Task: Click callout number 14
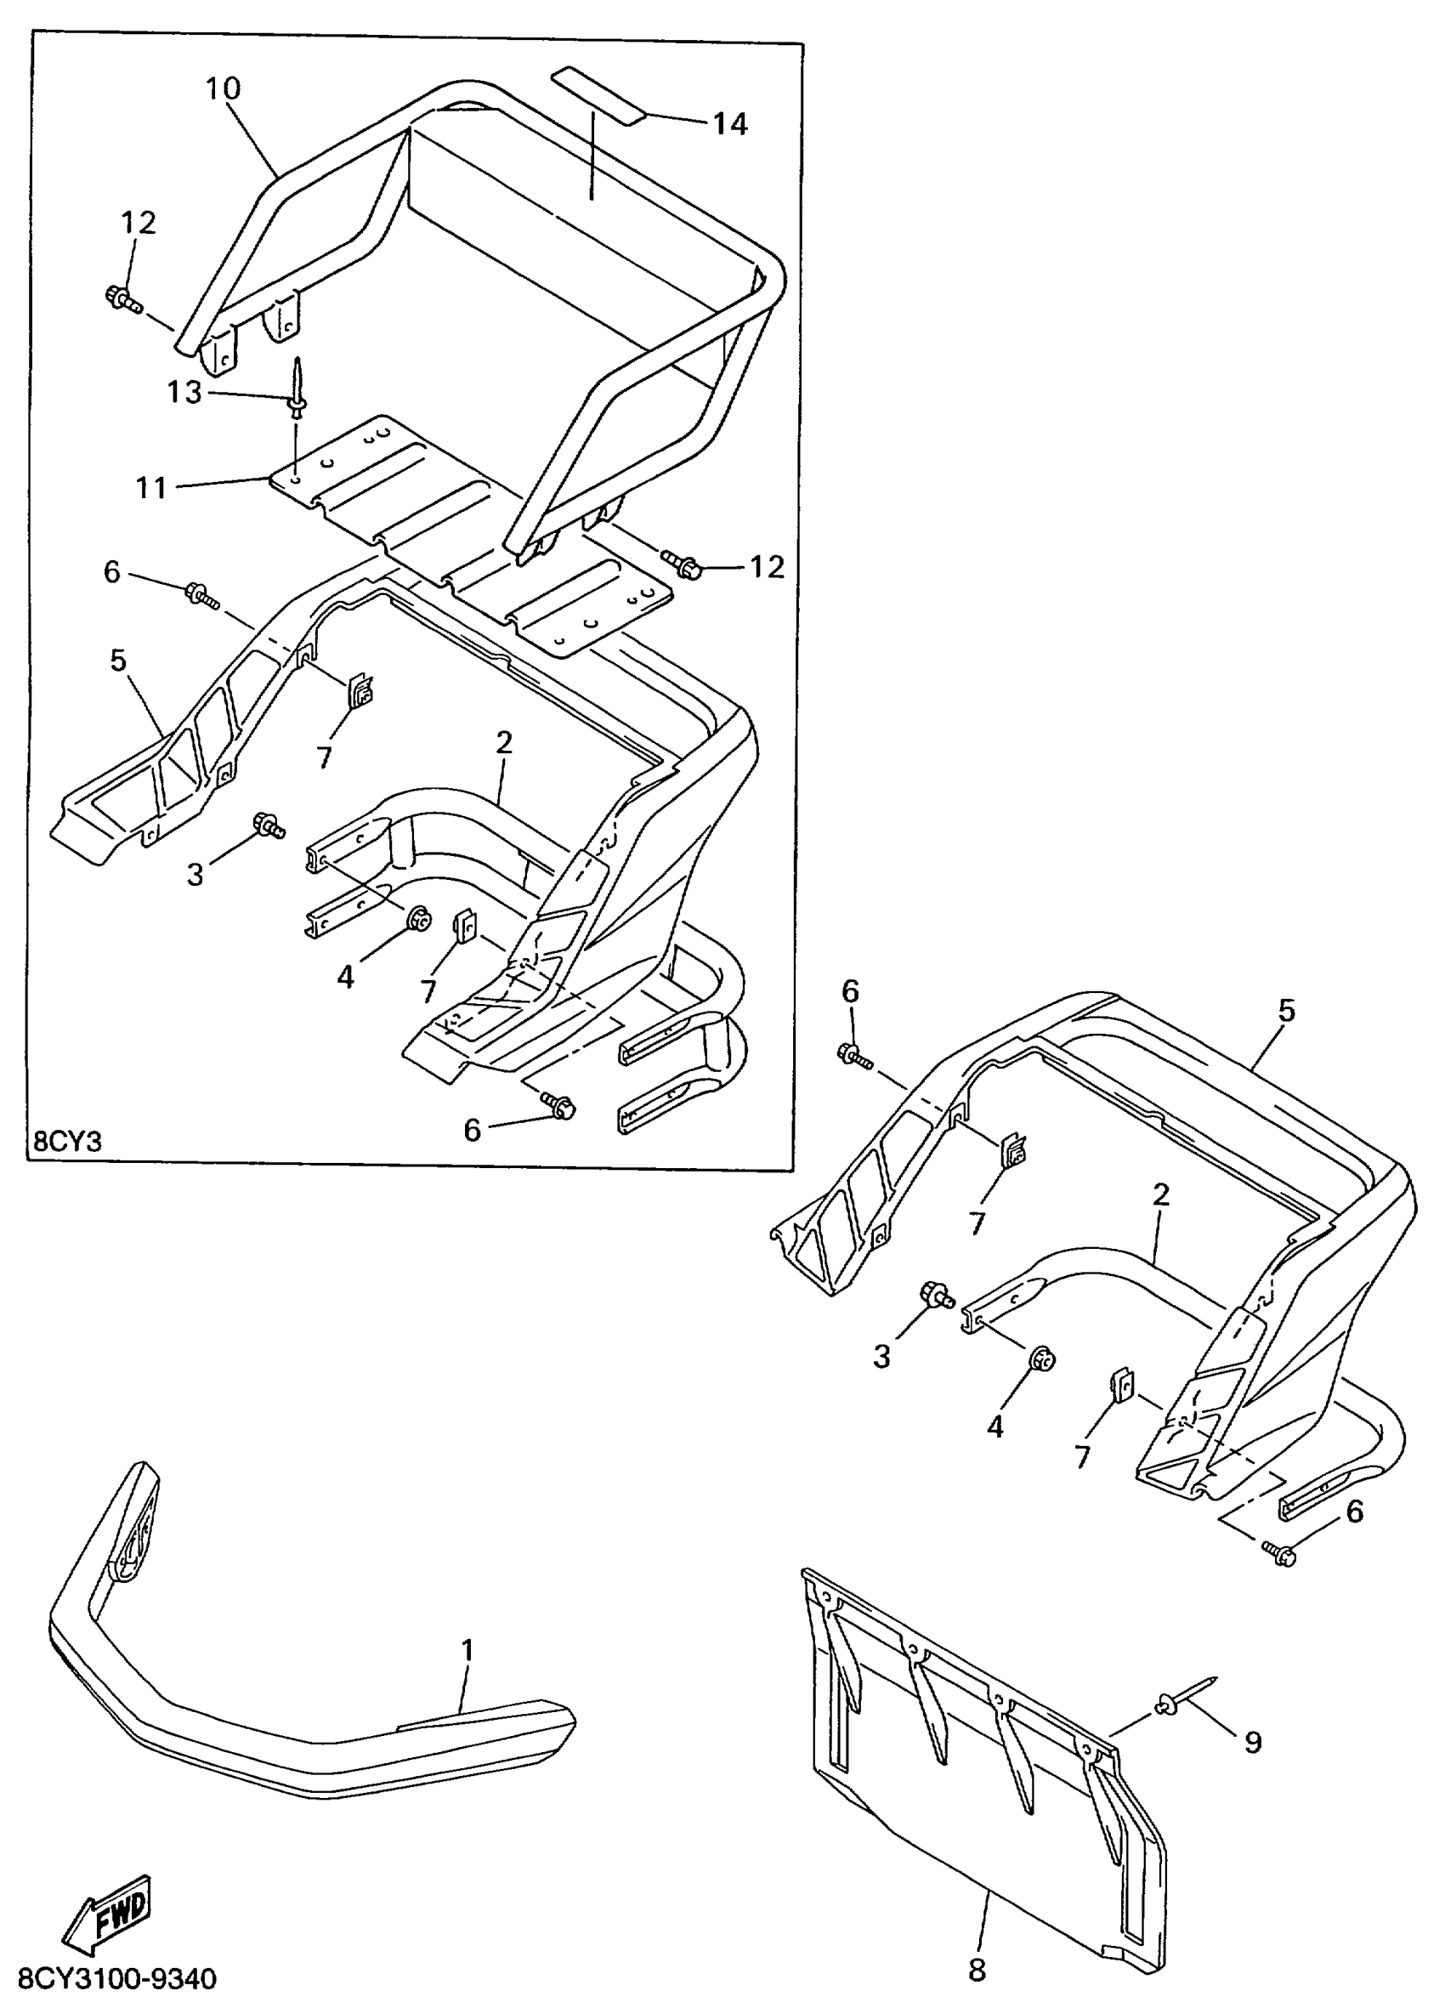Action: (730, 124)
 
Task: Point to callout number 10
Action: (223, 88)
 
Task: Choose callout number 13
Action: (185, 391)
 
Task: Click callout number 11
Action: (151, 487)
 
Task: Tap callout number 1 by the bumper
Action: (467, 1650)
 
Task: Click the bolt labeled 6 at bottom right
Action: (1279, 1552)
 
